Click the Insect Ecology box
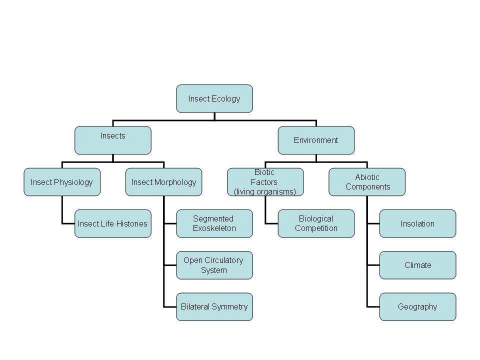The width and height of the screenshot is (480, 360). click(x=214, y=98)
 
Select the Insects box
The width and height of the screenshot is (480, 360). click(x=112, y=140)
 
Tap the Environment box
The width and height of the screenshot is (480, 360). click(x=316, y=140)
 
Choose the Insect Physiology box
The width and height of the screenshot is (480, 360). click(x=62, y=182)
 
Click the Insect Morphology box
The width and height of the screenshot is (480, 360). click(x=163, y=182)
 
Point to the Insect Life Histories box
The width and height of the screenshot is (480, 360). click(x=112, y=223)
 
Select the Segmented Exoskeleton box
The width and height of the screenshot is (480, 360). click(x=214, y=223)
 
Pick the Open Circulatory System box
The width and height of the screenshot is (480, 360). click(x=214, y=265)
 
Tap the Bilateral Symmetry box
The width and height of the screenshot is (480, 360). click(x=214, y=306)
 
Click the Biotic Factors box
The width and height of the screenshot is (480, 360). click(x=265, y=182)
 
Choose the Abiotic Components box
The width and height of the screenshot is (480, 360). click(x=367, y=182)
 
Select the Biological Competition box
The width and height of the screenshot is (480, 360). click(x=316, y=223)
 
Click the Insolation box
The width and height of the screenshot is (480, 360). click(x=417, y=223)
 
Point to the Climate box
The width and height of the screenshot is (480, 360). click(x=417, y=265)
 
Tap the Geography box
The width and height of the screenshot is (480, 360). click(x=417, y=306)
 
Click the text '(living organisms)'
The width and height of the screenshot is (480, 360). click(x=265, y=191)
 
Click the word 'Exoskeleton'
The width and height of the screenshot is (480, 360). click(x=214, y=228)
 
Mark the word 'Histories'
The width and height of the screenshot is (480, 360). click(x=131, y=223)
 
